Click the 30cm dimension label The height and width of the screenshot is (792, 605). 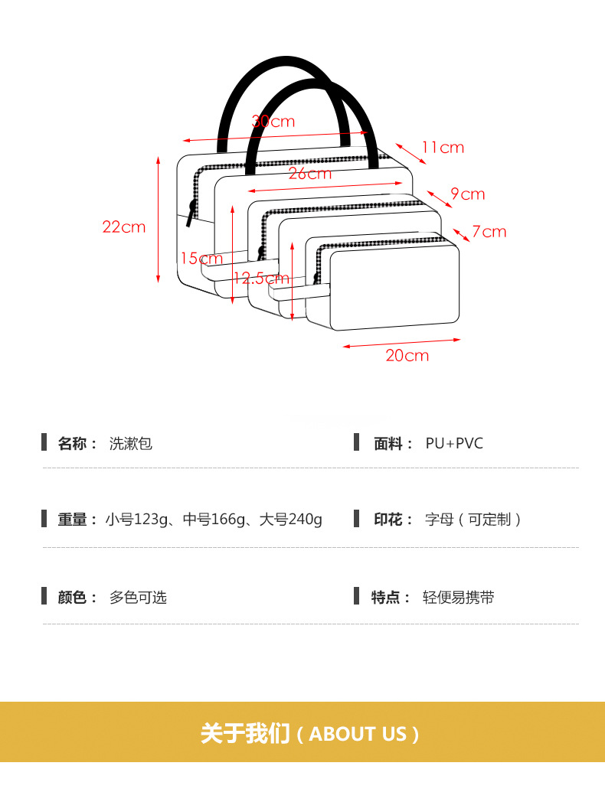click(x=273, y=122)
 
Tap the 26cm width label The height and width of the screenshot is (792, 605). click(x=310, y=174)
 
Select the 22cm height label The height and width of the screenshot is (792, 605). click(x=124, y=227)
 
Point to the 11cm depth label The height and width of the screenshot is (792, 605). click(x=443, y=148)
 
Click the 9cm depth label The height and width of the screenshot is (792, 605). click(x=468, y=194)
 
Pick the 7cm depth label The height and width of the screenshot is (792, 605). click(x=489, y=231)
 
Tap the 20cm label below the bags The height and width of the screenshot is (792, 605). click(x=407, y=355)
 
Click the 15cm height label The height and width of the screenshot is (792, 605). click(x=201, y=259)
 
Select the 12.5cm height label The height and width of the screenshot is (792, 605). click(x=262, y=279)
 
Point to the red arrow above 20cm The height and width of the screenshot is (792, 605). click(x=401, y=343)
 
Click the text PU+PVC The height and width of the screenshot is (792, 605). click(x=454, y=443)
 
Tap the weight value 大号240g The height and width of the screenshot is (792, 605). click(x=291, y=520)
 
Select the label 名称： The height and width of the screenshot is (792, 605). click(x=77, y=443)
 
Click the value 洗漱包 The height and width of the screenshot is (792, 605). click(x=131, y=443)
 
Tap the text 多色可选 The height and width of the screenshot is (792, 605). click(x=138, y=598)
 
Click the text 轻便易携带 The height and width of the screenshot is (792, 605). click(x=459, y=598)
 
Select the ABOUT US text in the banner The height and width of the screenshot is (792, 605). click(x=358, y=735)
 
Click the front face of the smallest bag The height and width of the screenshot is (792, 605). click(x=394, y=287)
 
